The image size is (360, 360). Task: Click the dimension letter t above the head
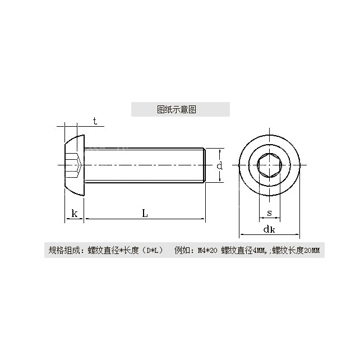coord(95,121)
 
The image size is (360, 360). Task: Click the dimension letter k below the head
coord(75,213)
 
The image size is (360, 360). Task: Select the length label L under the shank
coord(145,213)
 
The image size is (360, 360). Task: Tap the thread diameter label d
coord(220,165)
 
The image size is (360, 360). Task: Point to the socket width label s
coord(270,213)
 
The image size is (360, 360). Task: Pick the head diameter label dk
coord(269,229)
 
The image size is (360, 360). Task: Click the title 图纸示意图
coord(177,109)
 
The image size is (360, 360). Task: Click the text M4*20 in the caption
coord(207,250)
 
